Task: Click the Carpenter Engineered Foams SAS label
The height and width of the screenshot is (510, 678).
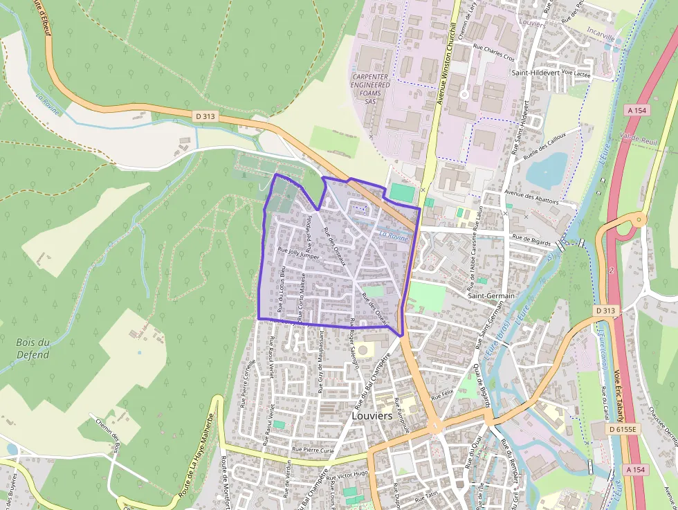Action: pyautogui.click(x=372, y=89)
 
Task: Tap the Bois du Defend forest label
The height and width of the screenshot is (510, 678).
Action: pyautogui.click(x=33, y=348)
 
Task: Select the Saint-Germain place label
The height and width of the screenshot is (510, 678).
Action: pyautogui.click(x=491, y=295)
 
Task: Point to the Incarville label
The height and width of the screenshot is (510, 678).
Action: pyautogui.click(x=600, y=31)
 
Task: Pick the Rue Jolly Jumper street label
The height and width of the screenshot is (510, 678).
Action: pyautogui.click(x=298, y=253)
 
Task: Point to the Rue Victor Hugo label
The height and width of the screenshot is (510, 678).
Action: pyautogui.click(x=348, y=475)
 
